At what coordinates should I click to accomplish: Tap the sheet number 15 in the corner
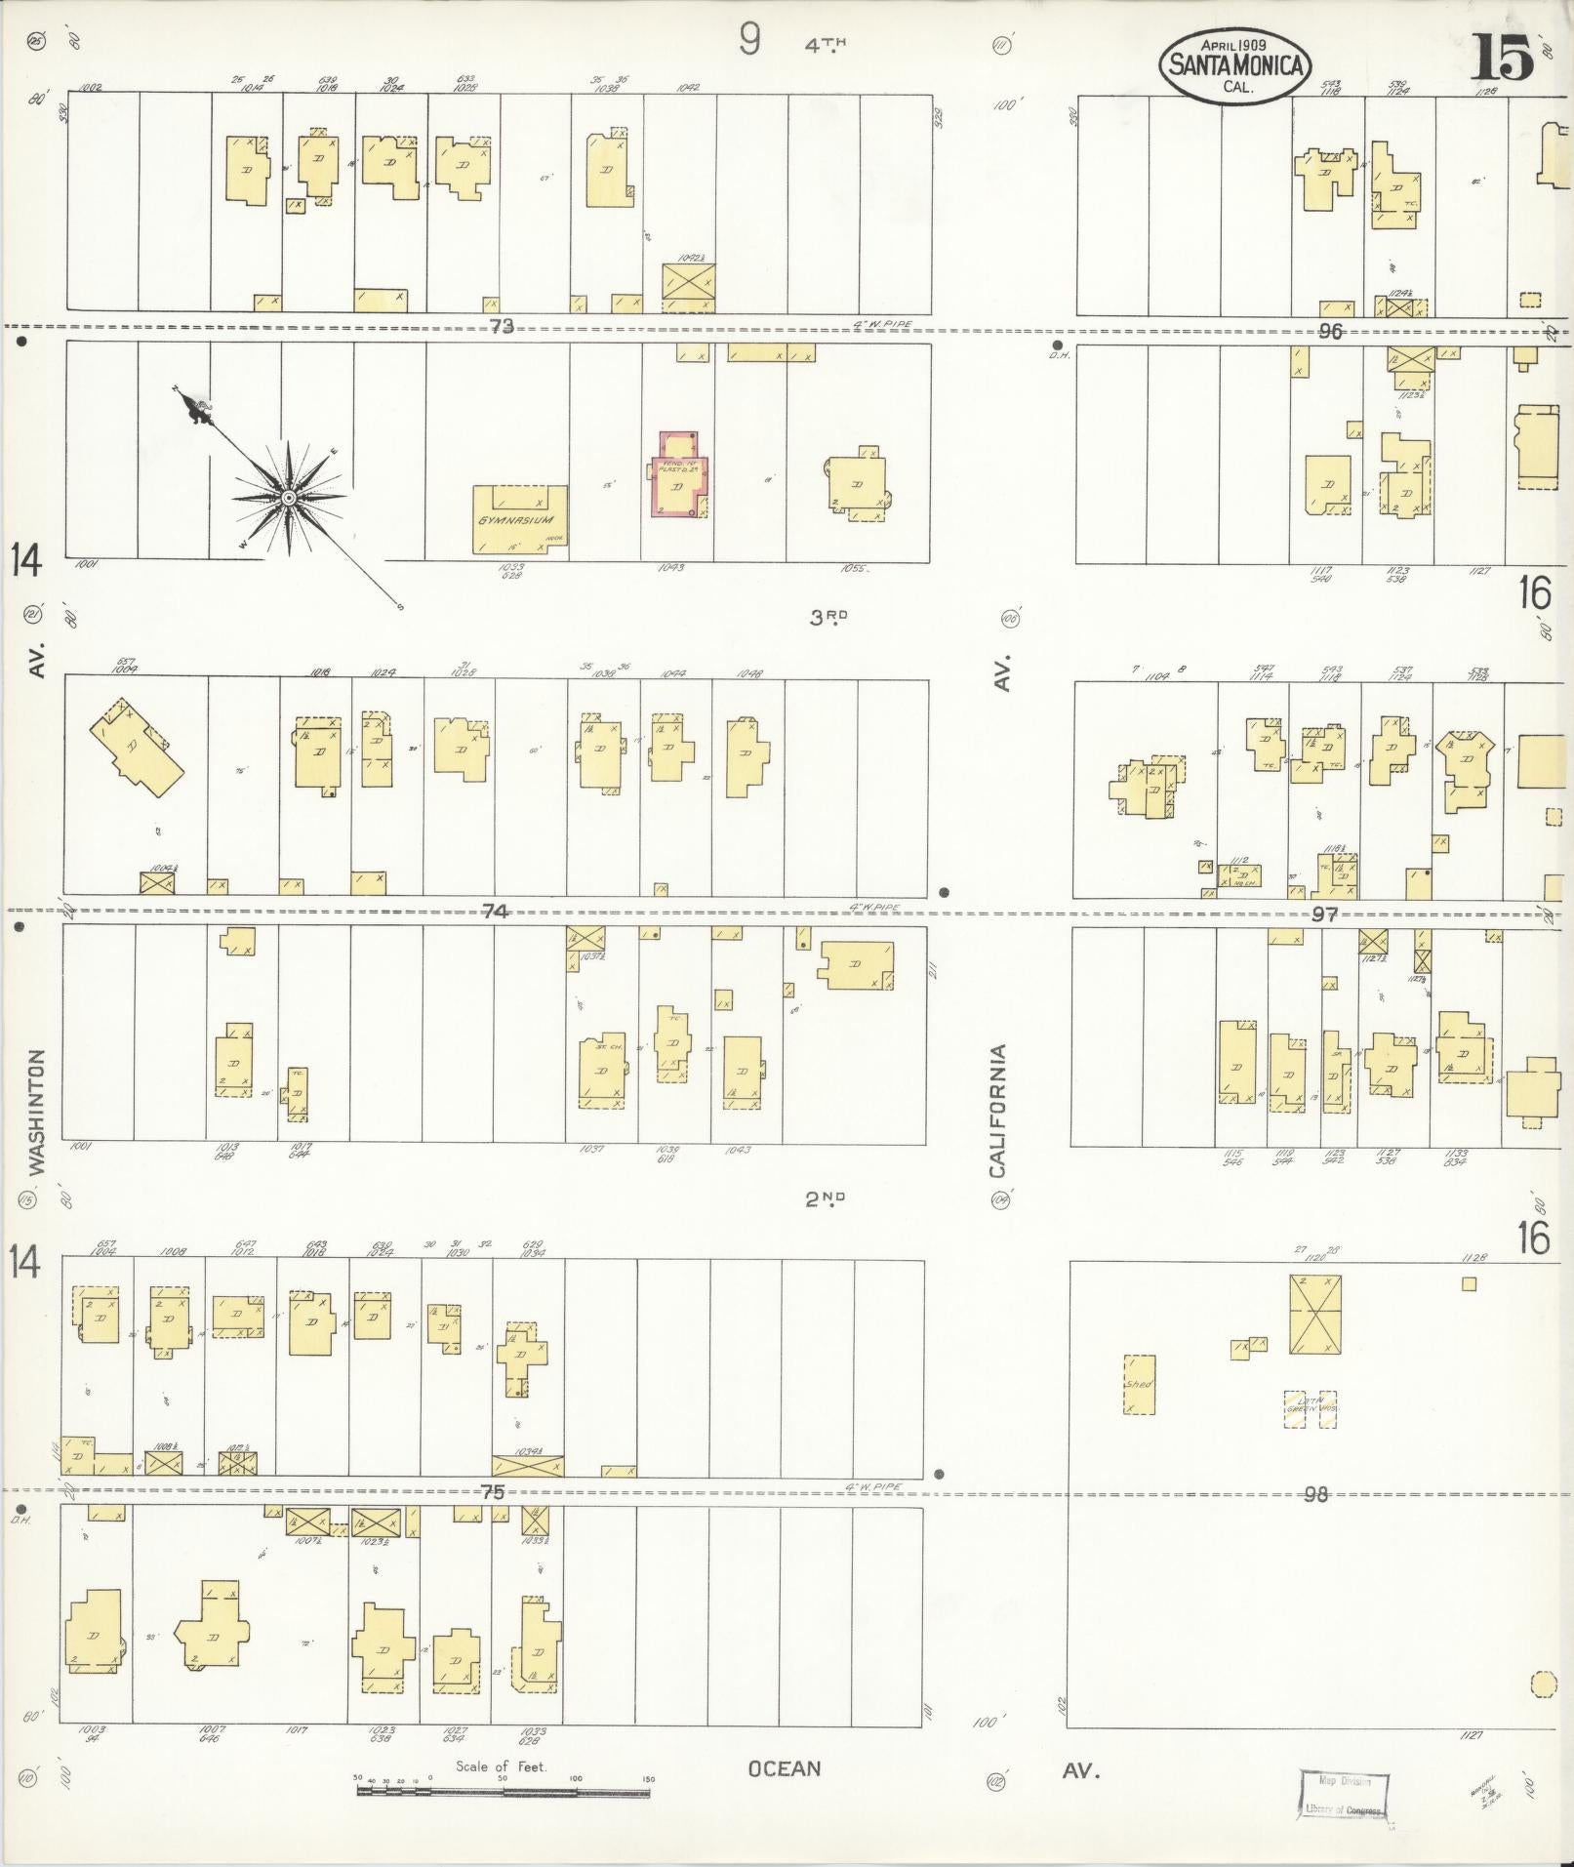coord(1502,58)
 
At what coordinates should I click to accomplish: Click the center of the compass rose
coord(289,498)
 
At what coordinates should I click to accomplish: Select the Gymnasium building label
coord(516,520)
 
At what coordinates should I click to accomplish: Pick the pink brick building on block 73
coord(679,475)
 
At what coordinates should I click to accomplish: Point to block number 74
coord(496,910)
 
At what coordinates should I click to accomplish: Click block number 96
coord(1329,331)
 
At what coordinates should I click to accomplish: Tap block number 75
coord(493,1491)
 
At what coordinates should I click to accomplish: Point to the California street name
coord(997,1111)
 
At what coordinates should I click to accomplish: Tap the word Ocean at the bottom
coord(784,1768)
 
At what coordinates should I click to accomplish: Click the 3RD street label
coord(827,616)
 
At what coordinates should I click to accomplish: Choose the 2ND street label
coord(825,1198)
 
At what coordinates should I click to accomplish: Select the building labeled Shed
coord(1139,1384)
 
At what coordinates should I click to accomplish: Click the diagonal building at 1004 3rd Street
coord(137,749)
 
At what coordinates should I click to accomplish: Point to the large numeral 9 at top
coord(748,40)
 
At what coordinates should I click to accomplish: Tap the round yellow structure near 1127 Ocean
coord(1543,1684)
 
